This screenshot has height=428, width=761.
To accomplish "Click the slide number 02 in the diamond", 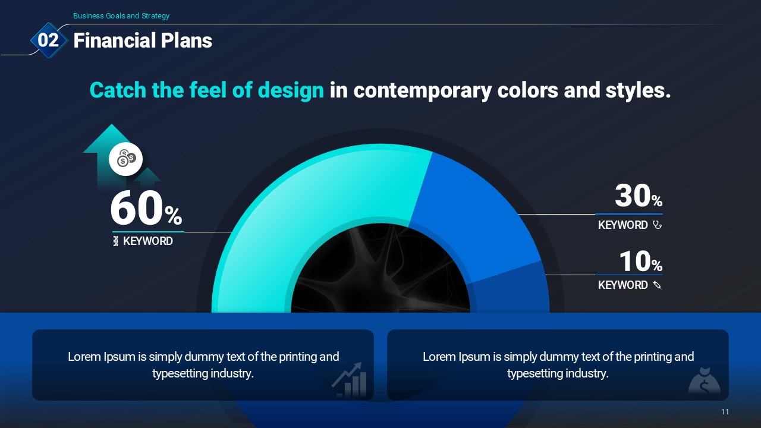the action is (48, 40).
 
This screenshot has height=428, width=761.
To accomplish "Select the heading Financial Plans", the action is (143, 40).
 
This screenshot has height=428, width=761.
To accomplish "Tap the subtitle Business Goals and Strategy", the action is (121, 16).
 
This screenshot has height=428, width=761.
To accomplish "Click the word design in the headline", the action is (291, 90).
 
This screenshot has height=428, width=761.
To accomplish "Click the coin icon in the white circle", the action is (126, 159).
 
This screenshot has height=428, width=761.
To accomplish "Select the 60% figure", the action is (146, 208).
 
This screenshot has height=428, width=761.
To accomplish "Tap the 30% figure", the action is (639, 196).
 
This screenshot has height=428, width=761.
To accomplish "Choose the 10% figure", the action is (641, 261).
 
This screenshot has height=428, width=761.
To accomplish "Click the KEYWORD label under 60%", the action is (148, 241).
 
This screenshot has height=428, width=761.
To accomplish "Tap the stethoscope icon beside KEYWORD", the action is (657, 225).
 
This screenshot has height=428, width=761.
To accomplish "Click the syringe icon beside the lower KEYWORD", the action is (658, 285).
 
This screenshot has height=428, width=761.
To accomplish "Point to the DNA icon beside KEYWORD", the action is (115, 241).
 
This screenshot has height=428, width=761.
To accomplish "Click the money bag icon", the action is (705, 380).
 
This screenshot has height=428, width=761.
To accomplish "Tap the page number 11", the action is (725, 412).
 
